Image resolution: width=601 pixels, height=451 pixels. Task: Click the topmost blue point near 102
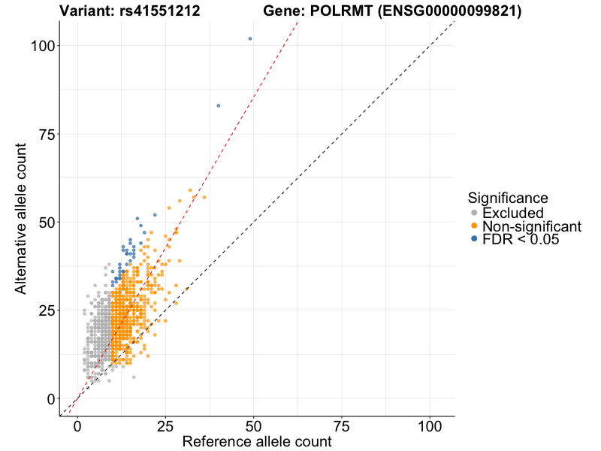pos(250,38)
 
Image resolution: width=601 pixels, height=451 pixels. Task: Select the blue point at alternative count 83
pos(219,106)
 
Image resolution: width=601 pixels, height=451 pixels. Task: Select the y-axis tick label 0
pos(50,398)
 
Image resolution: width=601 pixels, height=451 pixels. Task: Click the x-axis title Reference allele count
pos(257,442)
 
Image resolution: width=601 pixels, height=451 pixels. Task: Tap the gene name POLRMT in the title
pos(328,11)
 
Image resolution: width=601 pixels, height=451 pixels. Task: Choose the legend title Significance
pos(508,198)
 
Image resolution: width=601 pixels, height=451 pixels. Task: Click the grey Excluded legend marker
pos(474,213)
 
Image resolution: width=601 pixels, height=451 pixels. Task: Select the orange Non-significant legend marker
pos(474,226)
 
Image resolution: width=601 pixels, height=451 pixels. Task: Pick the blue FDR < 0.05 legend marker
pos(474,239)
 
